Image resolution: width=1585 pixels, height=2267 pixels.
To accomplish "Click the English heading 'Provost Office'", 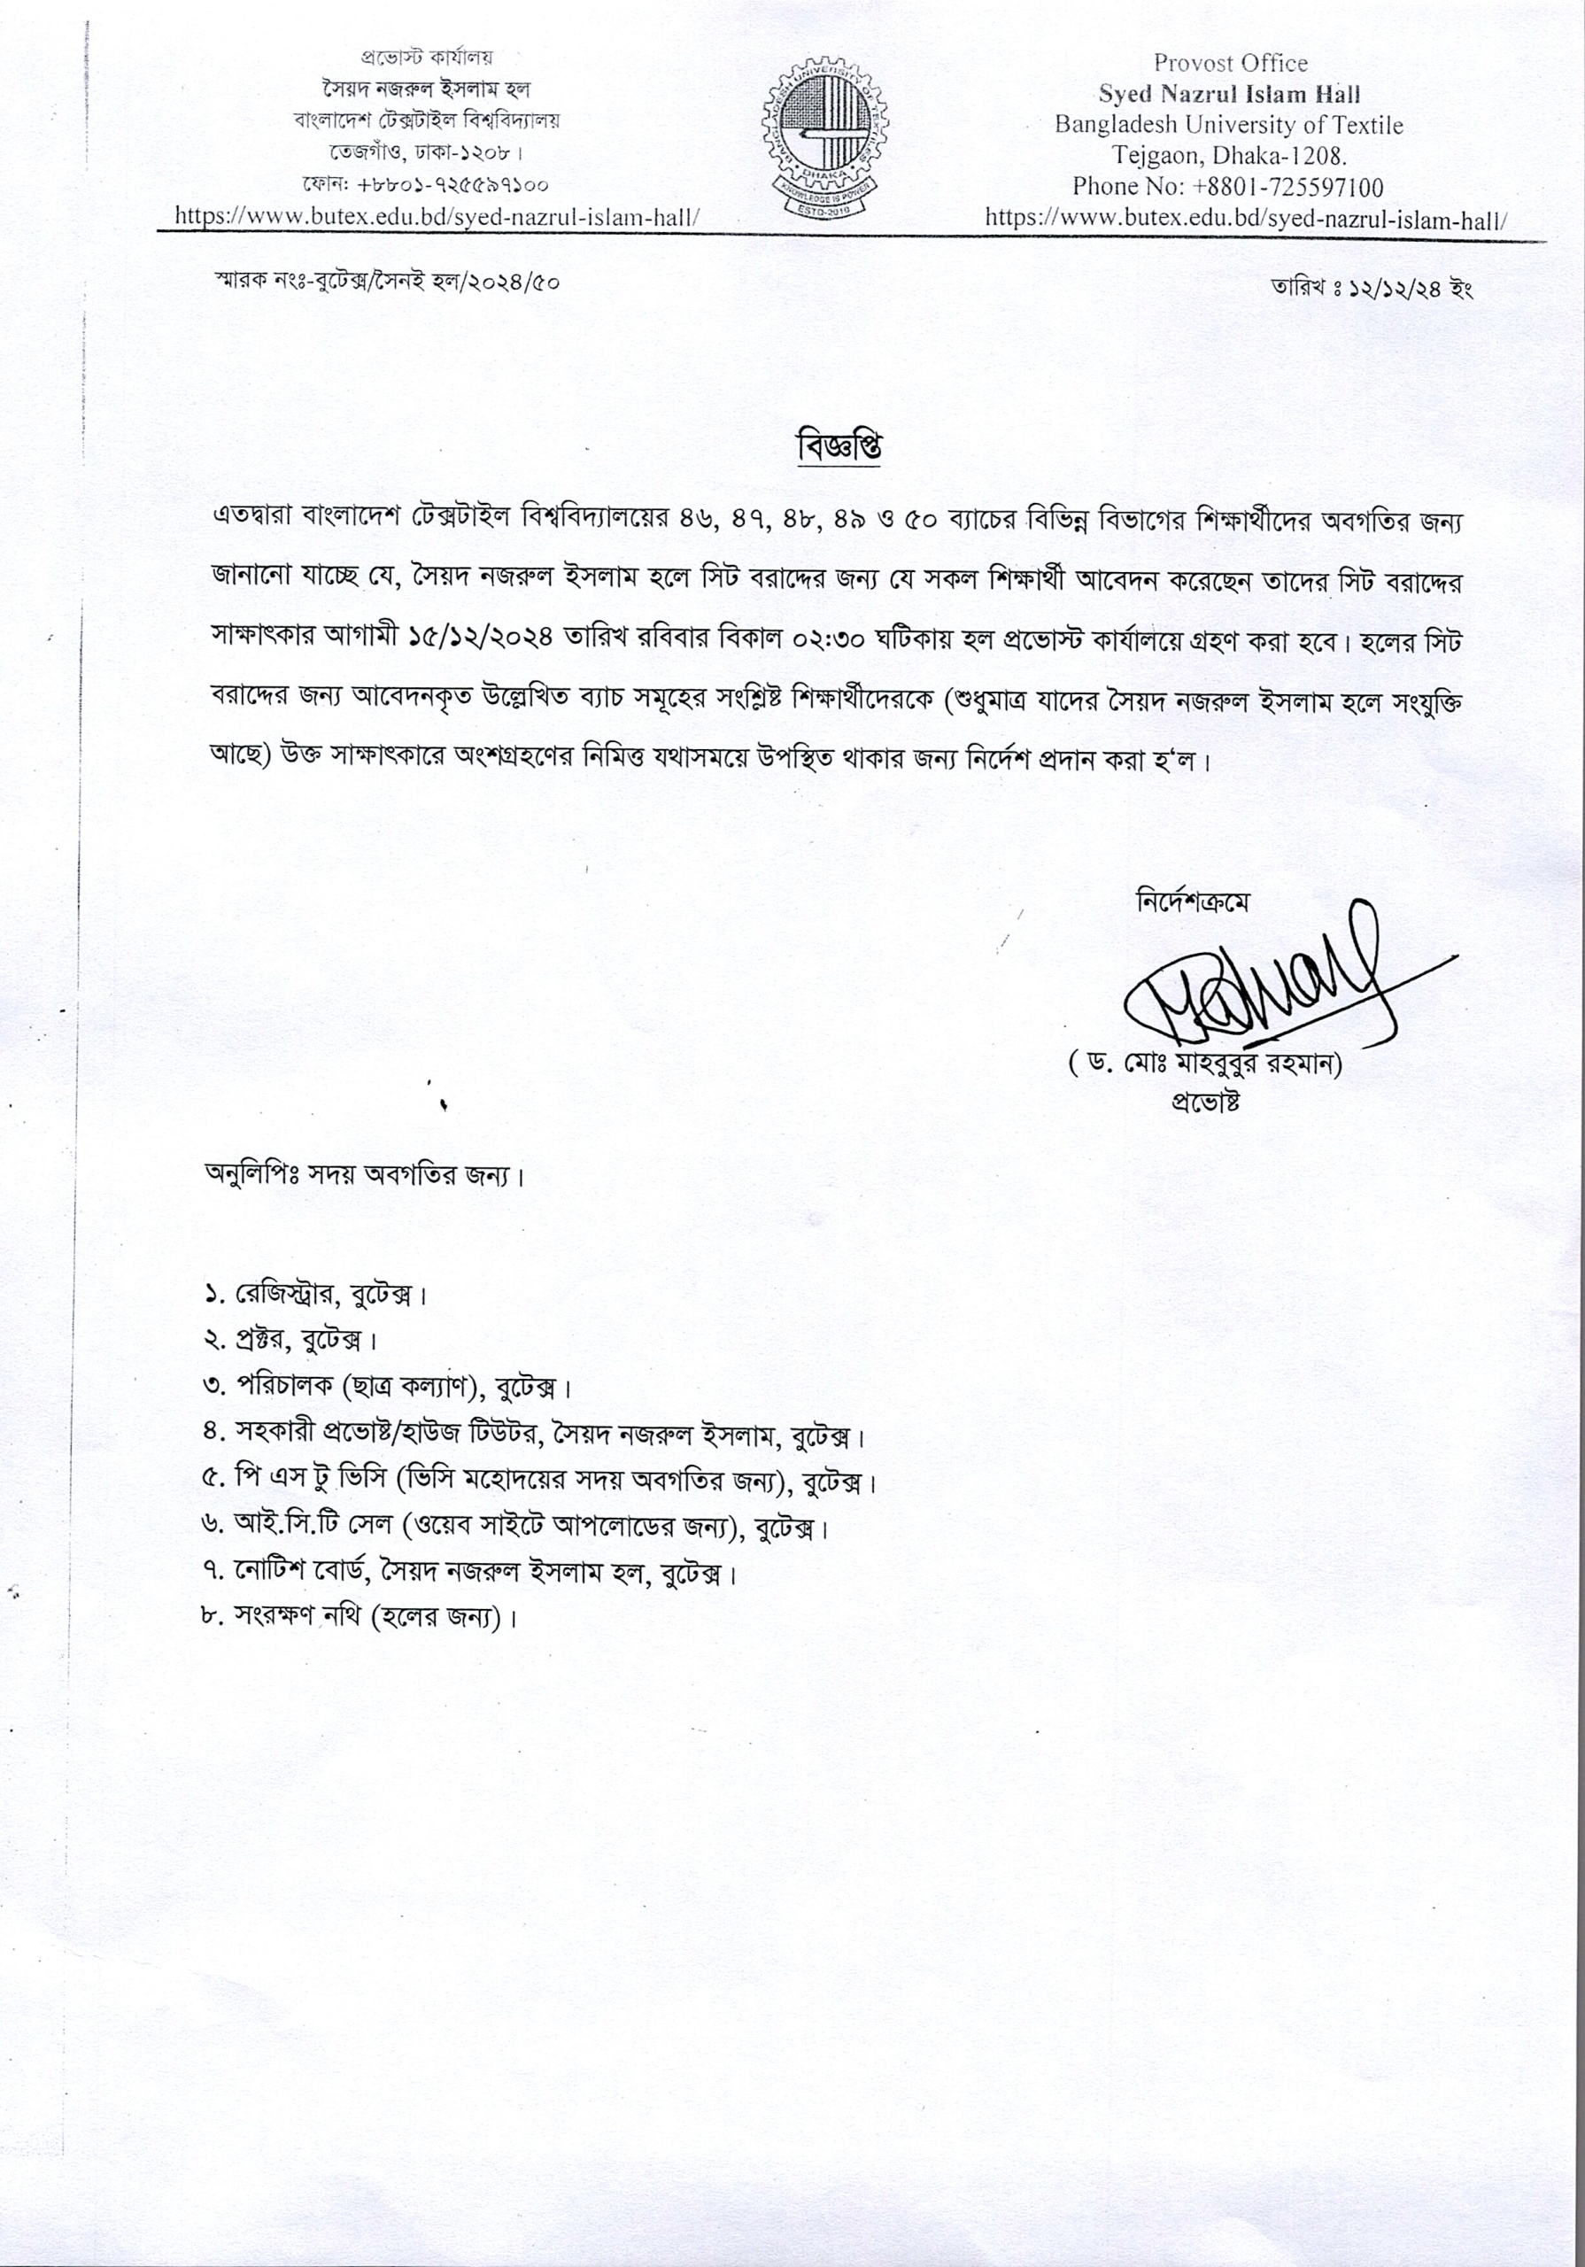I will (x=1230, y=63).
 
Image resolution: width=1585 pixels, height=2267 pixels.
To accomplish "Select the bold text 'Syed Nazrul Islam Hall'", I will (x=1230, y=95).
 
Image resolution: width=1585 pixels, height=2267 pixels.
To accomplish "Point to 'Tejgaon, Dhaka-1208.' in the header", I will (x=1231, y=156).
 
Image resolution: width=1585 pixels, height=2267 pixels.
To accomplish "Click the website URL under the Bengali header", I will (x=437, y=216).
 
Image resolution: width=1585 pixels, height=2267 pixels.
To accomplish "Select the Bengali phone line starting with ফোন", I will (x=426, y=186).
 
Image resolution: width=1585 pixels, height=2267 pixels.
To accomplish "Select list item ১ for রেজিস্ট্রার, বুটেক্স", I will (x=315, y=1294).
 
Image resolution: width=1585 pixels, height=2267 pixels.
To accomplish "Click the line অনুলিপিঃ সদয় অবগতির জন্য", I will (x=363, y=1175).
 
